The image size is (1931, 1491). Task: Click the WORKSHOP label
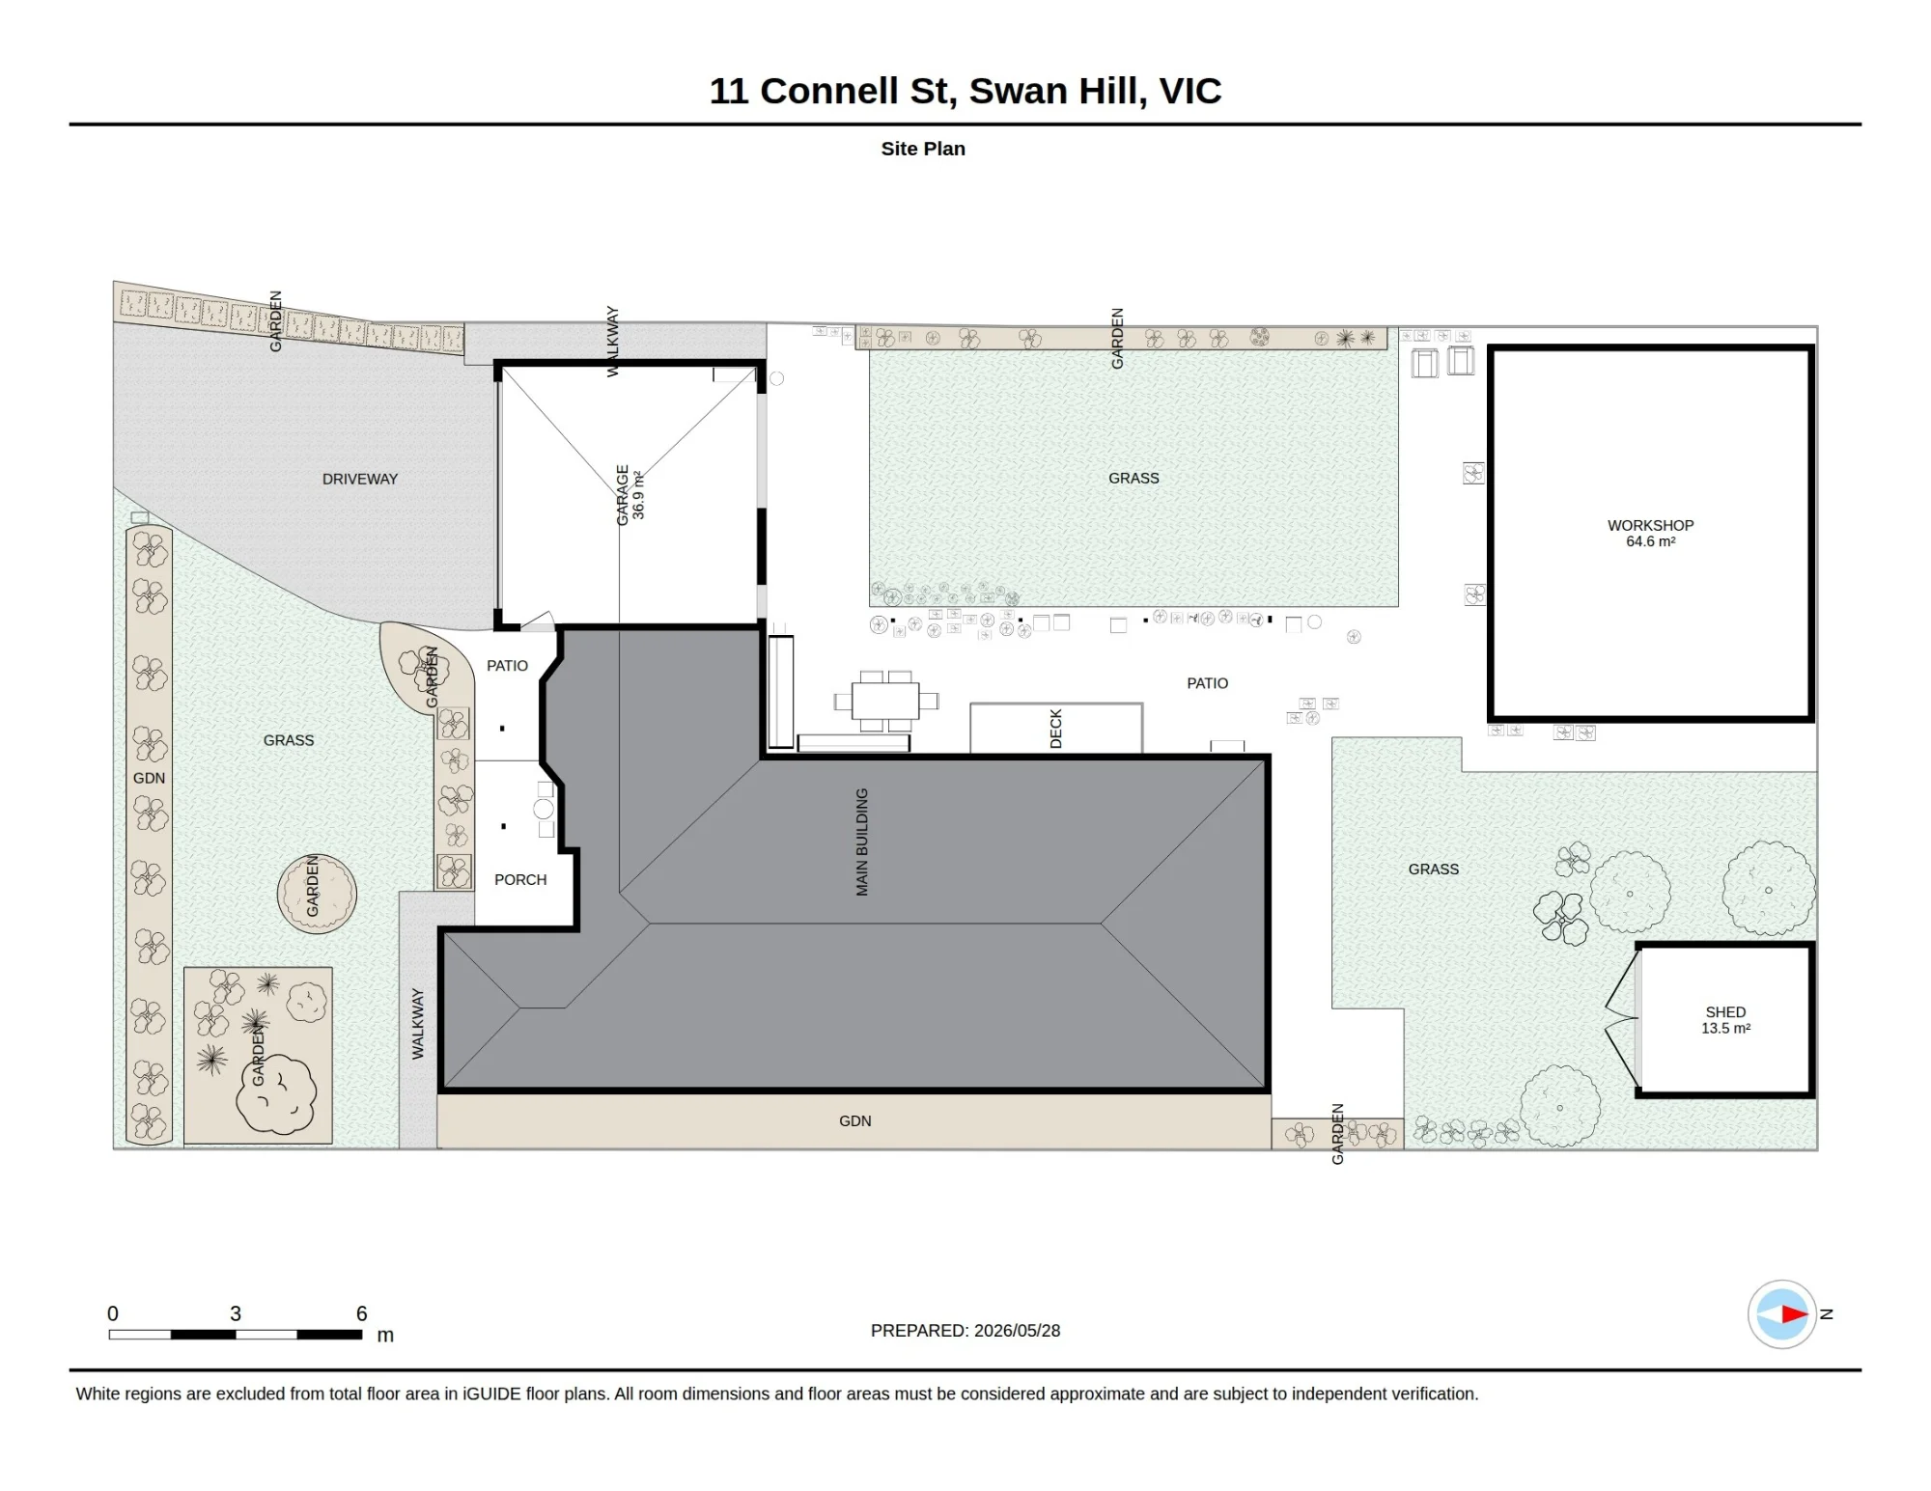1650,525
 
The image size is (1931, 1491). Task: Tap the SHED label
1725,1012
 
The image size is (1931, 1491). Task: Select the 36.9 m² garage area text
638,495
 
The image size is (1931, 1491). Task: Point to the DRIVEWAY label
360,479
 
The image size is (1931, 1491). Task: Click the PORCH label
520,879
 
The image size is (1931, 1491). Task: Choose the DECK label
1055,729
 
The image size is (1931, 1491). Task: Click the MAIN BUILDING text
862,842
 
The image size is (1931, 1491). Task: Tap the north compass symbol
1782,1313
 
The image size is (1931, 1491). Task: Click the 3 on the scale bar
236,1313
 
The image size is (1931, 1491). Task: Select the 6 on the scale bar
362,1313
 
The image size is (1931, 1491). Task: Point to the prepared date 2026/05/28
1018,1330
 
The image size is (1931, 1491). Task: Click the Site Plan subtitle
923,149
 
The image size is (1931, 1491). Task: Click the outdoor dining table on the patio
885,701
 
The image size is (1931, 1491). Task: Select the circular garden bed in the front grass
317,894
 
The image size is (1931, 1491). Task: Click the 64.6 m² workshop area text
1650,541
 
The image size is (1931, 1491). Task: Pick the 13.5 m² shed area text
1725,1029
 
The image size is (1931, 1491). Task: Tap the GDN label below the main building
855,1120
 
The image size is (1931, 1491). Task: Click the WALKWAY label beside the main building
418,1024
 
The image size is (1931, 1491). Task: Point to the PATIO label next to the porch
507,666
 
